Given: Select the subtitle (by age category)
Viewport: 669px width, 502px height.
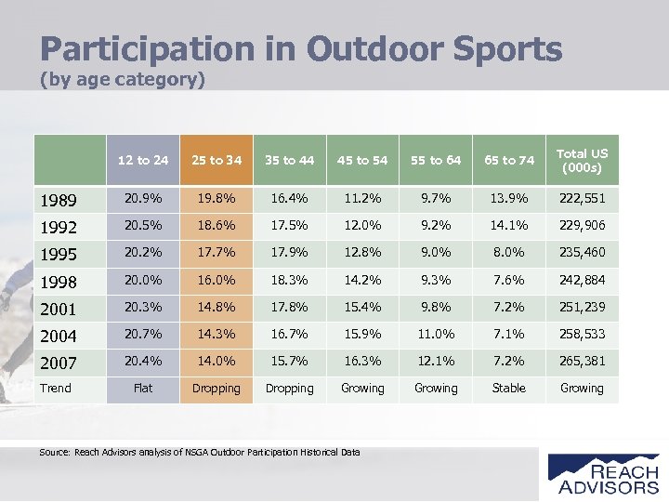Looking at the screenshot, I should point(122,80).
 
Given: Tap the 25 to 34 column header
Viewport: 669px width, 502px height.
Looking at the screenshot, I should point(216,160).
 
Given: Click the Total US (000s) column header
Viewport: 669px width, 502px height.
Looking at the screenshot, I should point(582,160).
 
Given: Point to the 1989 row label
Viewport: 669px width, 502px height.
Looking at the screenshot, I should point(58,200).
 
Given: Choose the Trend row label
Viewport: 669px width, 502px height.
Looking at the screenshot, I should point(56,388).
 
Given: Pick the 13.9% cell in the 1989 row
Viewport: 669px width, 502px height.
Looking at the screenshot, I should point(509,199).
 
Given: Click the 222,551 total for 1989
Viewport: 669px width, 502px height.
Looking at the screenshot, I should point(582,199).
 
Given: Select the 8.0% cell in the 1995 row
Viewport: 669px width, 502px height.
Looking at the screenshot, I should point(509,253).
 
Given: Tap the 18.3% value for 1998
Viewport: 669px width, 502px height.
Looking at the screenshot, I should point(289,280).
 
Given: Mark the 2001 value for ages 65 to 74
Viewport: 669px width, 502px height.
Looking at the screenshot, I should point(509,307).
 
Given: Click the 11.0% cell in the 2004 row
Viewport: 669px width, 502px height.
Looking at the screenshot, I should point(436,334).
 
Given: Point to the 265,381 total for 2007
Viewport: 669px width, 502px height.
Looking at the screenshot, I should point(582,361).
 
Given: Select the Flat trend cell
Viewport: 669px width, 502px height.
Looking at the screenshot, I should point(143,388).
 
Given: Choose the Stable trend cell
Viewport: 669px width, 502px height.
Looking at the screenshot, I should point(509,388).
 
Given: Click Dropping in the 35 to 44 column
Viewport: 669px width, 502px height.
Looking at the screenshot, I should point(289,388).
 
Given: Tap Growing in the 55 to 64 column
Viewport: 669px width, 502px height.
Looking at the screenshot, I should point(436,388).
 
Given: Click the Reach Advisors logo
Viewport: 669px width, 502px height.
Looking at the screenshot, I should point(602,472).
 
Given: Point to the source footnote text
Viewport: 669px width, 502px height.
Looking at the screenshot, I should point(200,452).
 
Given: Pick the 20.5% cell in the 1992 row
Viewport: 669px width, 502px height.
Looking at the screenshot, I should point(143,226).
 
